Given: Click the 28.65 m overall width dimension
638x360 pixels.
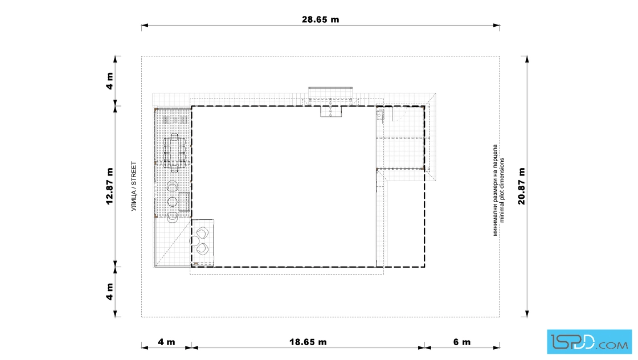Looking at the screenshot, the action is tap(320, 19).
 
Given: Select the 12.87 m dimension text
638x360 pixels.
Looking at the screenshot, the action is tap(110, 186).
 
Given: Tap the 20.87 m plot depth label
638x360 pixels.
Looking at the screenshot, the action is tap(522, 186).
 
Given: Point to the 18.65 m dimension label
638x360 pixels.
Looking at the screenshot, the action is tap(308, 342).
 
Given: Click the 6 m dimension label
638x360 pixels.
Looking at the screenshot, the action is tap(462, 342).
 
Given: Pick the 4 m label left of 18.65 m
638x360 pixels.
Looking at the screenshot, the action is tap(166, 342).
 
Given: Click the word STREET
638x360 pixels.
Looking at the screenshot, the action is tap(134, 174).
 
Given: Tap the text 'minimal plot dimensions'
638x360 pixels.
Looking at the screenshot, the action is tap(502, 190).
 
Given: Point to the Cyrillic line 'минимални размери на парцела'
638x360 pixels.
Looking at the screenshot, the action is tap(495, 190).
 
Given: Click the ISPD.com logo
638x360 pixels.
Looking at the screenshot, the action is tap(589, 342).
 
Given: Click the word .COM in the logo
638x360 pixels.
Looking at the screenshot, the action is tap(613, 346).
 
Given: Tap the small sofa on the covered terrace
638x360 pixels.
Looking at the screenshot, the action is tap(185, 202).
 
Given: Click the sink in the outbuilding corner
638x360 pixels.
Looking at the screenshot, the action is tap(379, 114).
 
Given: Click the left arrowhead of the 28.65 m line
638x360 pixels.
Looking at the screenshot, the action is tap(145, 26).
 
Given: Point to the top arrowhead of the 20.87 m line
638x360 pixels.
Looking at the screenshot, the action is tap(527, 59).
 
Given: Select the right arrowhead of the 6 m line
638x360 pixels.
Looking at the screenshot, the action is tap(496, 348).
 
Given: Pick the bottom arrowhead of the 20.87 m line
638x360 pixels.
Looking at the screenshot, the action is tap(527, 314).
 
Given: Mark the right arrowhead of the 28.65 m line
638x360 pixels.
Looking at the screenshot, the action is tap(496, 26).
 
